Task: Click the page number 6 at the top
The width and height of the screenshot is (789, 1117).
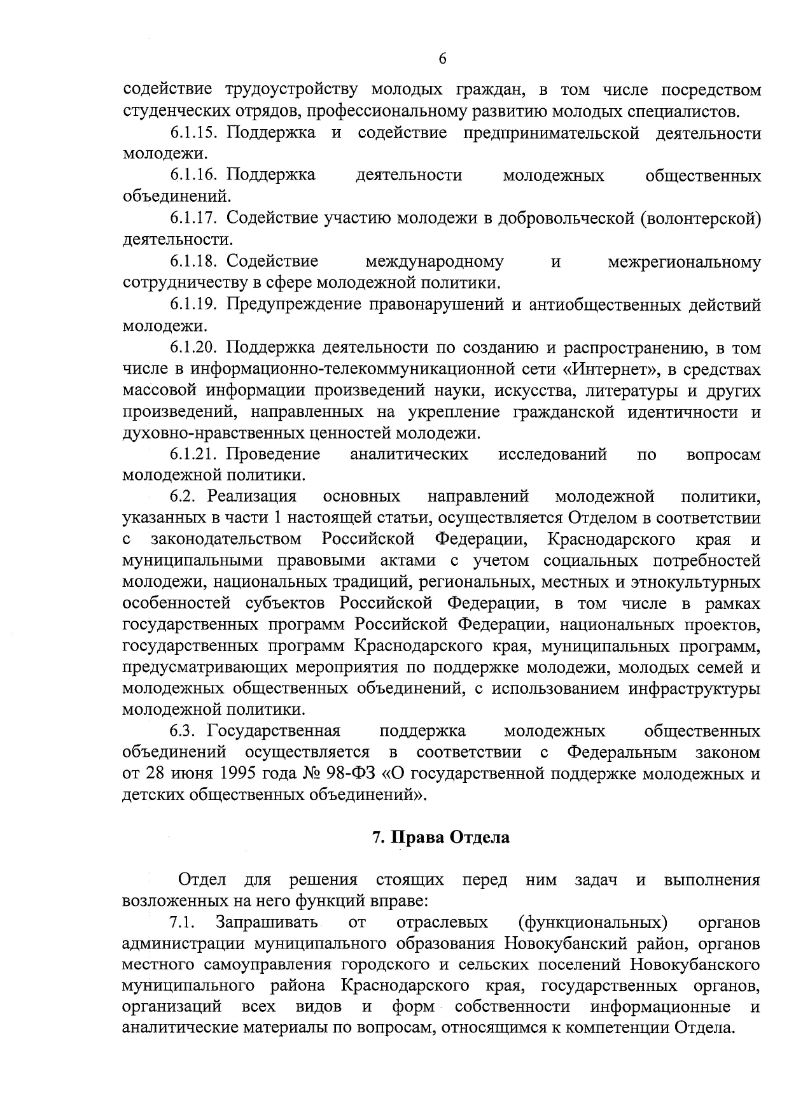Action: [443, 59]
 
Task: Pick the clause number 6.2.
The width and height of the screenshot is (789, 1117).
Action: [186, 496]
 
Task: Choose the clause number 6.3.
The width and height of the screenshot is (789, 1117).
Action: [186, 731]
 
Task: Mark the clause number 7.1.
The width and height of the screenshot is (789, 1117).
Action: [182, 923]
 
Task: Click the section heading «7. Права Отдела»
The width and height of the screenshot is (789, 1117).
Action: [440, 838]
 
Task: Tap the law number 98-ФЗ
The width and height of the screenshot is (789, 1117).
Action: [359, 774]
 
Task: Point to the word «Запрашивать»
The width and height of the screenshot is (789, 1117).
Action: [267, 923]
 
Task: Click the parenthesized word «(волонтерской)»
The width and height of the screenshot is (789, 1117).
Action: [701, 219]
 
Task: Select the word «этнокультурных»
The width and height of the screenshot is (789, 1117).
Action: [695, 582]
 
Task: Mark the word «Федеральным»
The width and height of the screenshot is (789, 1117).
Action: [621, 752]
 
